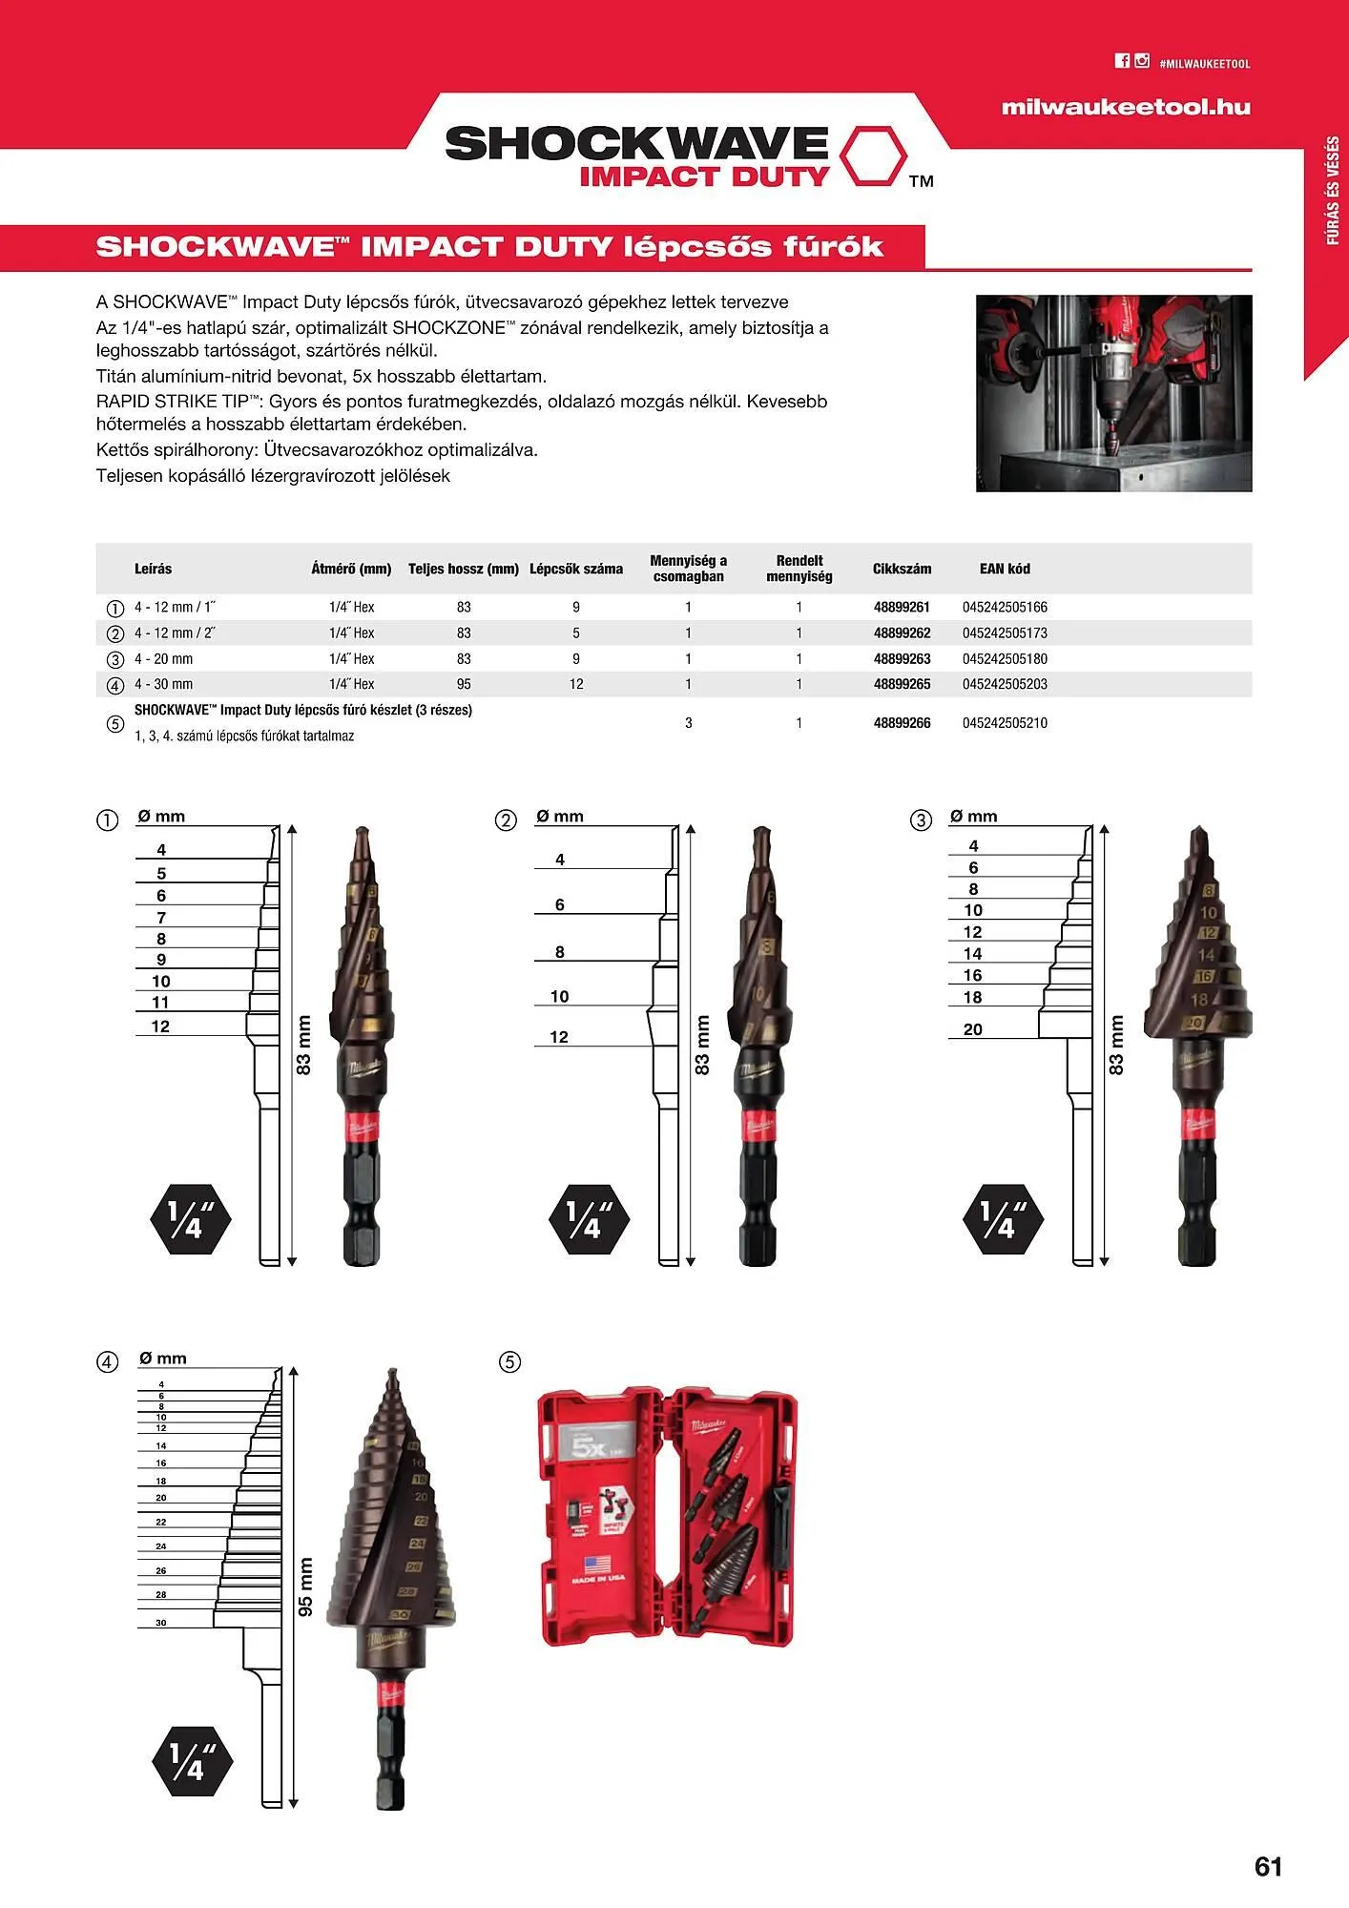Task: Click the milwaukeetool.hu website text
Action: (1125, 107)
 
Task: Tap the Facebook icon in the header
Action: (1122, 61)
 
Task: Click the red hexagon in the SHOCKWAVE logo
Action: (874, 154)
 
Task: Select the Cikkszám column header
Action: (902, 569)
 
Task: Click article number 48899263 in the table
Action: (902, 658)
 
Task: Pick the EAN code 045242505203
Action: (1005, 684)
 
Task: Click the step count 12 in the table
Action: (575, 684)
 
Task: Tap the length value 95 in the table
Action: (464, 684)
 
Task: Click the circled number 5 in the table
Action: (115, 723)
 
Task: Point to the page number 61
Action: (1268, 1867)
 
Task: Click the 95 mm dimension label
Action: (306, 1587)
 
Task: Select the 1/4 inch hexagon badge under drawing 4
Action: (192, 1760)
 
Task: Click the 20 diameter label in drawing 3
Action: (972, 1029)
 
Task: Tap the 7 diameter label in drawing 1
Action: (161, 918)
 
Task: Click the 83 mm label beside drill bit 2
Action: (703, 1047)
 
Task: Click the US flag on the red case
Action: (597, 1564)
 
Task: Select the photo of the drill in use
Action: (1113, 393)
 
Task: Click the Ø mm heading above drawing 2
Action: (560, 817)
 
